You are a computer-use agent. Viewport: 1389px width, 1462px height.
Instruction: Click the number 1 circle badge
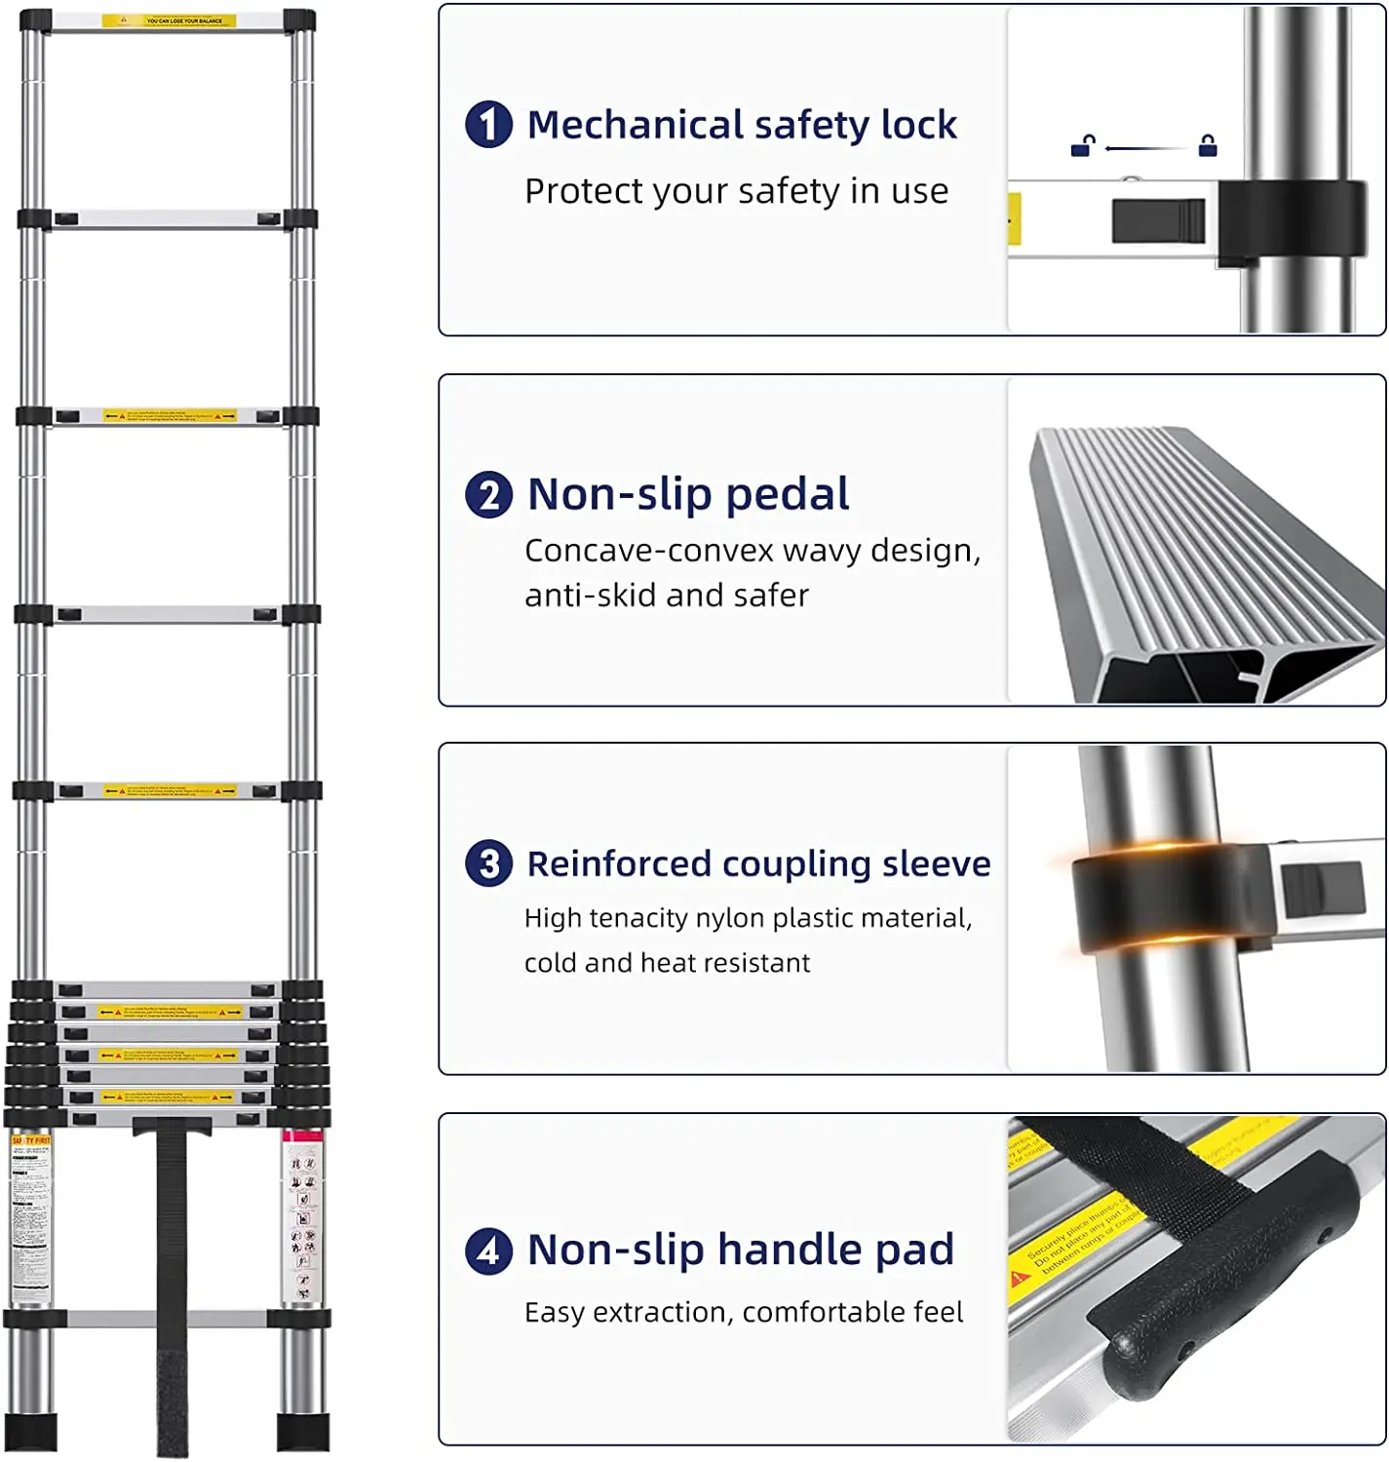point(489,125)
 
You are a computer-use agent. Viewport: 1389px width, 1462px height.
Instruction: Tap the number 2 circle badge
point(489,494)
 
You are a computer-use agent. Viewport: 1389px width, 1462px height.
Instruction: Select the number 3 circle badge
point(489,864)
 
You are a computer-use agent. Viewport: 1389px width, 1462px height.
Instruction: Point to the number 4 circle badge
point(489,1250)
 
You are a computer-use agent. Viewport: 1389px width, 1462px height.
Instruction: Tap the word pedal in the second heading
point(788,494)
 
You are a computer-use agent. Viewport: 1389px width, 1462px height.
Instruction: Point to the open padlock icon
point(1082,146)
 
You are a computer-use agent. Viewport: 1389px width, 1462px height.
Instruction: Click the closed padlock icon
point(1208,146)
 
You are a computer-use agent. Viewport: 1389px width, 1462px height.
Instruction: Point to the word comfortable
point(826,1313)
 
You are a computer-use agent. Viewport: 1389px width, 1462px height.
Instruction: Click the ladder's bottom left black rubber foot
point(31,1431)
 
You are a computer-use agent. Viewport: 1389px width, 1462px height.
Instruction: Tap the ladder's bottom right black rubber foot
point(303,1431)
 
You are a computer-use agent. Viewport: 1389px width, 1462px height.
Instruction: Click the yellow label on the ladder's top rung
point(170,20)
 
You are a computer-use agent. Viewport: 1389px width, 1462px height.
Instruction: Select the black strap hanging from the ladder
point(173,1287)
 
